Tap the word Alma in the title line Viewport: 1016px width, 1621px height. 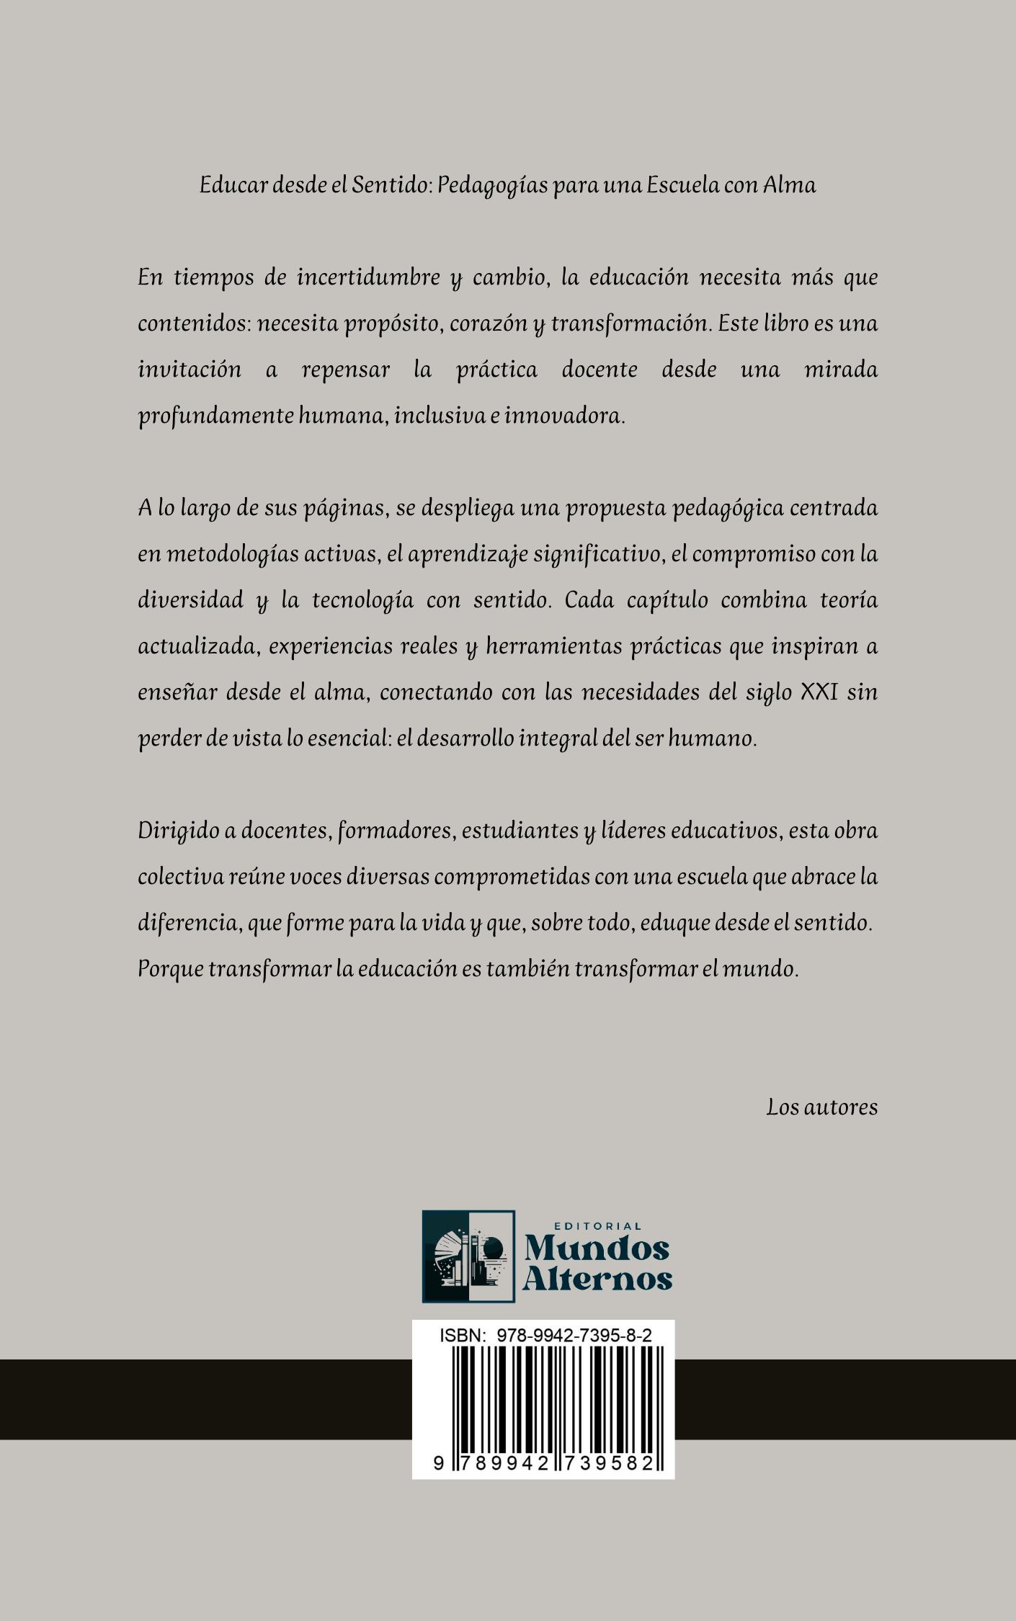point(789,185)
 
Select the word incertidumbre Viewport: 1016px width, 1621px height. point(368,277)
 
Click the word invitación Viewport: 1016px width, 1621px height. point(190,370)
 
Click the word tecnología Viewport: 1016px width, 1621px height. point(362,601)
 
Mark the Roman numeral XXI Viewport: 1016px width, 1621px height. point(819,692)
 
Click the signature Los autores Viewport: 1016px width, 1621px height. point(821,1107)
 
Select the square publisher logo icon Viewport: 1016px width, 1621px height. point(468,1256)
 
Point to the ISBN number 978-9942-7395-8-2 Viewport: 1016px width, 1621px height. point(574,1335)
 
